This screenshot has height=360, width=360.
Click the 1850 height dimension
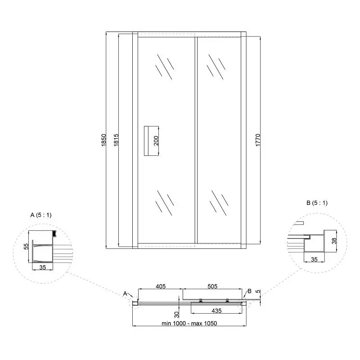coord(103,140)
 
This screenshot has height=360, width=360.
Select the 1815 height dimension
coord(116,140)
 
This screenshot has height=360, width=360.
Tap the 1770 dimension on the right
coord(258,140)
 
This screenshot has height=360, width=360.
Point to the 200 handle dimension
coord(156,141)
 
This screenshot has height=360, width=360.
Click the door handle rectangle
coord(151,141)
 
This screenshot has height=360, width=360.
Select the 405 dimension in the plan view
coord(161,286)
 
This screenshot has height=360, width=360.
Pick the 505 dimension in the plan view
coord(212,286)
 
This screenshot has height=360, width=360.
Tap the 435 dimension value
coord(216,310)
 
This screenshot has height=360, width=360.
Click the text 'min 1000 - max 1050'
coord(189,323)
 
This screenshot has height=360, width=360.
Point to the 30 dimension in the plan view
coord(176,315)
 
